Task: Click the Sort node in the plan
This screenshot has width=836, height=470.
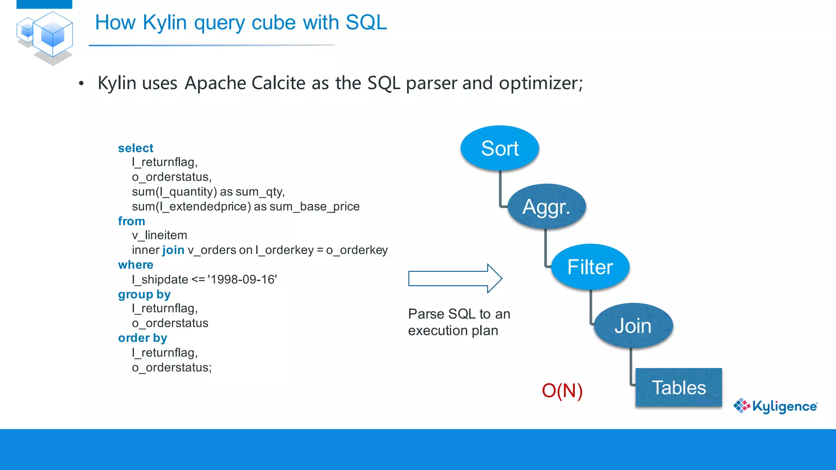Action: click(500, 148)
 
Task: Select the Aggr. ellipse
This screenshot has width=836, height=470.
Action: click(547, 207)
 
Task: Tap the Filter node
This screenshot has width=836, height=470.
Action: click(590, 267)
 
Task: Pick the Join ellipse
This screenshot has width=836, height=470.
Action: click(633, 326)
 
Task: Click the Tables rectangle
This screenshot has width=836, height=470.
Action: click(678, 387)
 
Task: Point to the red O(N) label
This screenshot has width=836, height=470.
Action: click(562, 390)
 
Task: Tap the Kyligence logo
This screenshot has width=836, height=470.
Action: click(776, 406)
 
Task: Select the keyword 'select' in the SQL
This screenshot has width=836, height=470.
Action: click(136, 148)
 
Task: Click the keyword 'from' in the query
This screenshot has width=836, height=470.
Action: click(131, 221)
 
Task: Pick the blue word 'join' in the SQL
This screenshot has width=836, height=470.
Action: click(173, 250)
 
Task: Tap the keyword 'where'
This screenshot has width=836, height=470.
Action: click(136, 265)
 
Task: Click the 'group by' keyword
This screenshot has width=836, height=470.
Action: click(144, 294)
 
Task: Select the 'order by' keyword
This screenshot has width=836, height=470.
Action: click(142, 338)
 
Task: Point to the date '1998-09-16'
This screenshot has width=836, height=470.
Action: click(242, 279)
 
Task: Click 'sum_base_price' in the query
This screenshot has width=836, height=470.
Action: click(314, 206)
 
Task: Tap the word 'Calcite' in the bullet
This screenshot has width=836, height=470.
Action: click(278, 83)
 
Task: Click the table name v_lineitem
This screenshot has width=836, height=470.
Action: click(159, 235)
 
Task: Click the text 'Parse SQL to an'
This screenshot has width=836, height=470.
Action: click(459, 314)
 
